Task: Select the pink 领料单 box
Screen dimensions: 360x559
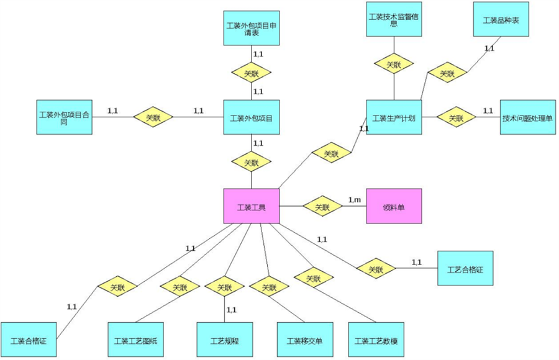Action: click(x=394, y=206)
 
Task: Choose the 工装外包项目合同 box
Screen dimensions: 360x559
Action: click(x=65, y=117)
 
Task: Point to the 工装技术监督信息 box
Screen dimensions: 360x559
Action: click(x=394, y=19)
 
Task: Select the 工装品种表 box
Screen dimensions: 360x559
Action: click(x=501, y=19)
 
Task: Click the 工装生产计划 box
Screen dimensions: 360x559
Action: click(x=394, y=117)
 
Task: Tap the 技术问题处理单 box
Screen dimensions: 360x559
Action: click(x=527, y=117)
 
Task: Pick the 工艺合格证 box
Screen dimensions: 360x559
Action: click(x=465, y=269)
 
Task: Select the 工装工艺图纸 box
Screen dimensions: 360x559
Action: click(x=135, y=341)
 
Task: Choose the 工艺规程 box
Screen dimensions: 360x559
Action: click(x=224, y=341)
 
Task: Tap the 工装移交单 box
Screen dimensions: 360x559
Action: click(x=304, y=341)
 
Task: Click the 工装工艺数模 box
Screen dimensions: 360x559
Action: click(x=376, y=341)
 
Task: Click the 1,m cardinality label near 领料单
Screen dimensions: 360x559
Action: click(x=354, y=199)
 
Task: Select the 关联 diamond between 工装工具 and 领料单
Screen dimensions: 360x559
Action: click(x=322, y=207)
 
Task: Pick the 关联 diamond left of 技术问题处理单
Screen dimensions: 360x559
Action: click(x=456, y=117)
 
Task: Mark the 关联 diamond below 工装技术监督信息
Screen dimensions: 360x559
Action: click(x=394, y=64)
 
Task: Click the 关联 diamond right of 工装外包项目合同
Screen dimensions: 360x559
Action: click(x=153, y=117)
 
